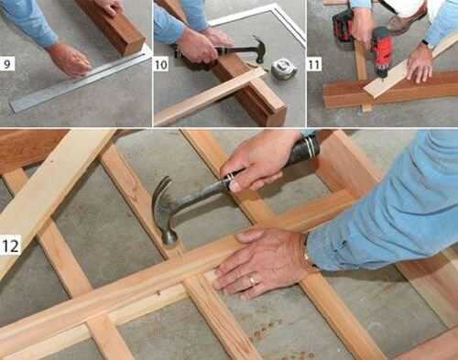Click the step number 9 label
click(x=7, y=64)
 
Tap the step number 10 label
click(x=161, y=65)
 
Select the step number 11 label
click(x=314, y=65)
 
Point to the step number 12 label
click(x=10, y=246)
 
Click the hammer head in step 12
click(x=167, y=213)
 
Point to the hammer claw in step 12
click(x=160, y=191)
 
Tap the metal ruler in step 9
click(x=81, y=81)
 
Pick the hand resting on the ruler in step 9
click(x=70, y=60)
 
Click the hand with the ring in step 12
click(x=259, y=264)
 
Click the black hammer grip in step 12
click(x=304, y=148)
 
